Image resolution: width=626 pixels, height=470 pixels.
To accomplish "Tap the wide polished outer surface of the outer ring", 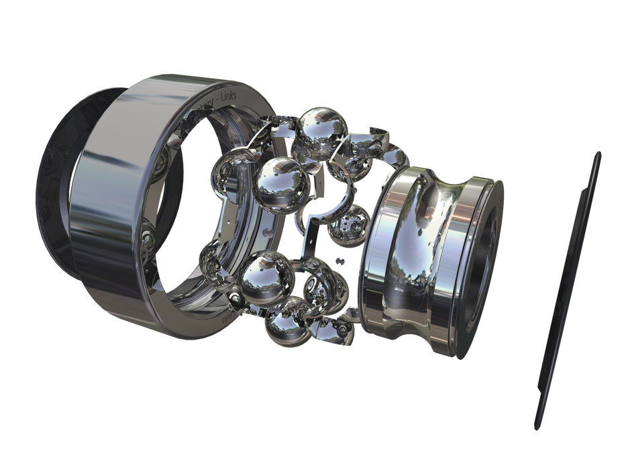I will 121,201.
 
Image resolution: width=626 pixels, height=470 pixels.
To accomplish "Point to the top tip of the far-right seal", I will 596,155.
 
